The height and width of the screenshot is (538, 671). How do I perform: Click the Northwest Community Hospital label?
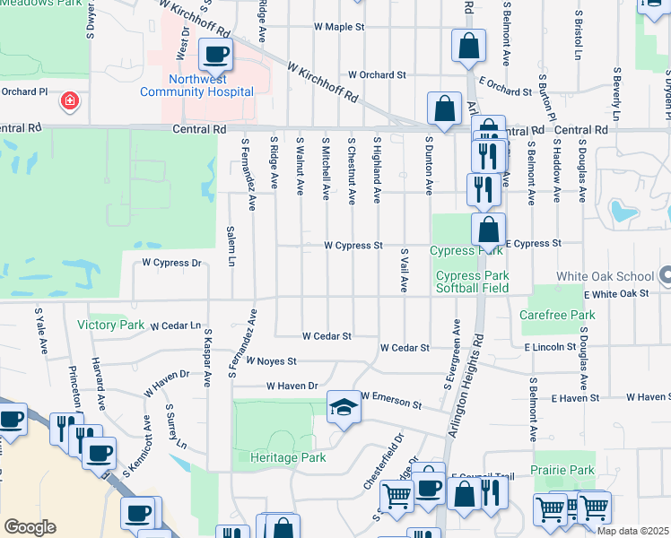point(196,84)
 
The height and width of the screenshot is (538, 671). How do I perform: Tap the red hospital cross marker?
point(69,100)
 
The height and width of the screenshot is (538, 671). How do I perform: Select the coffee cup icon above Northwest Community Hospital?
point(215,54)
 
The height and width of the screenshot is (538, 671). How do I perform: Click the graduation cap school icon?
point(341,409)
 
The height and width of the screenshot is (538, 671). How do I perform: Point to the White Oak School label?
point(607,277)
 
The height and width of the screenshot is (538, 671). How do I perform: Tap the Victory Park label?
point(111,325)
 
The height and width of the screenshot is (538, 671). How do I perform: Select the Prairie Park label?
point(562,470)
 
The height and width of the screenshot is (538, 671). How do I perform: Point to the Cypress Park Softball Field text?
point(472,282)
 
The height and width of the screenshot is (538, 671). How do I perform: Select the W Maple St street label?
point(339,27)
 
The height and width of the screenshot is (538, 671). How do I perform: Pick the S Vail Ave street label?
point(405,270)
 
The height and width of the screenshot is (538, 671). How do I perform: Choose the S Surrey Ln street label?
point(176,427)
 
